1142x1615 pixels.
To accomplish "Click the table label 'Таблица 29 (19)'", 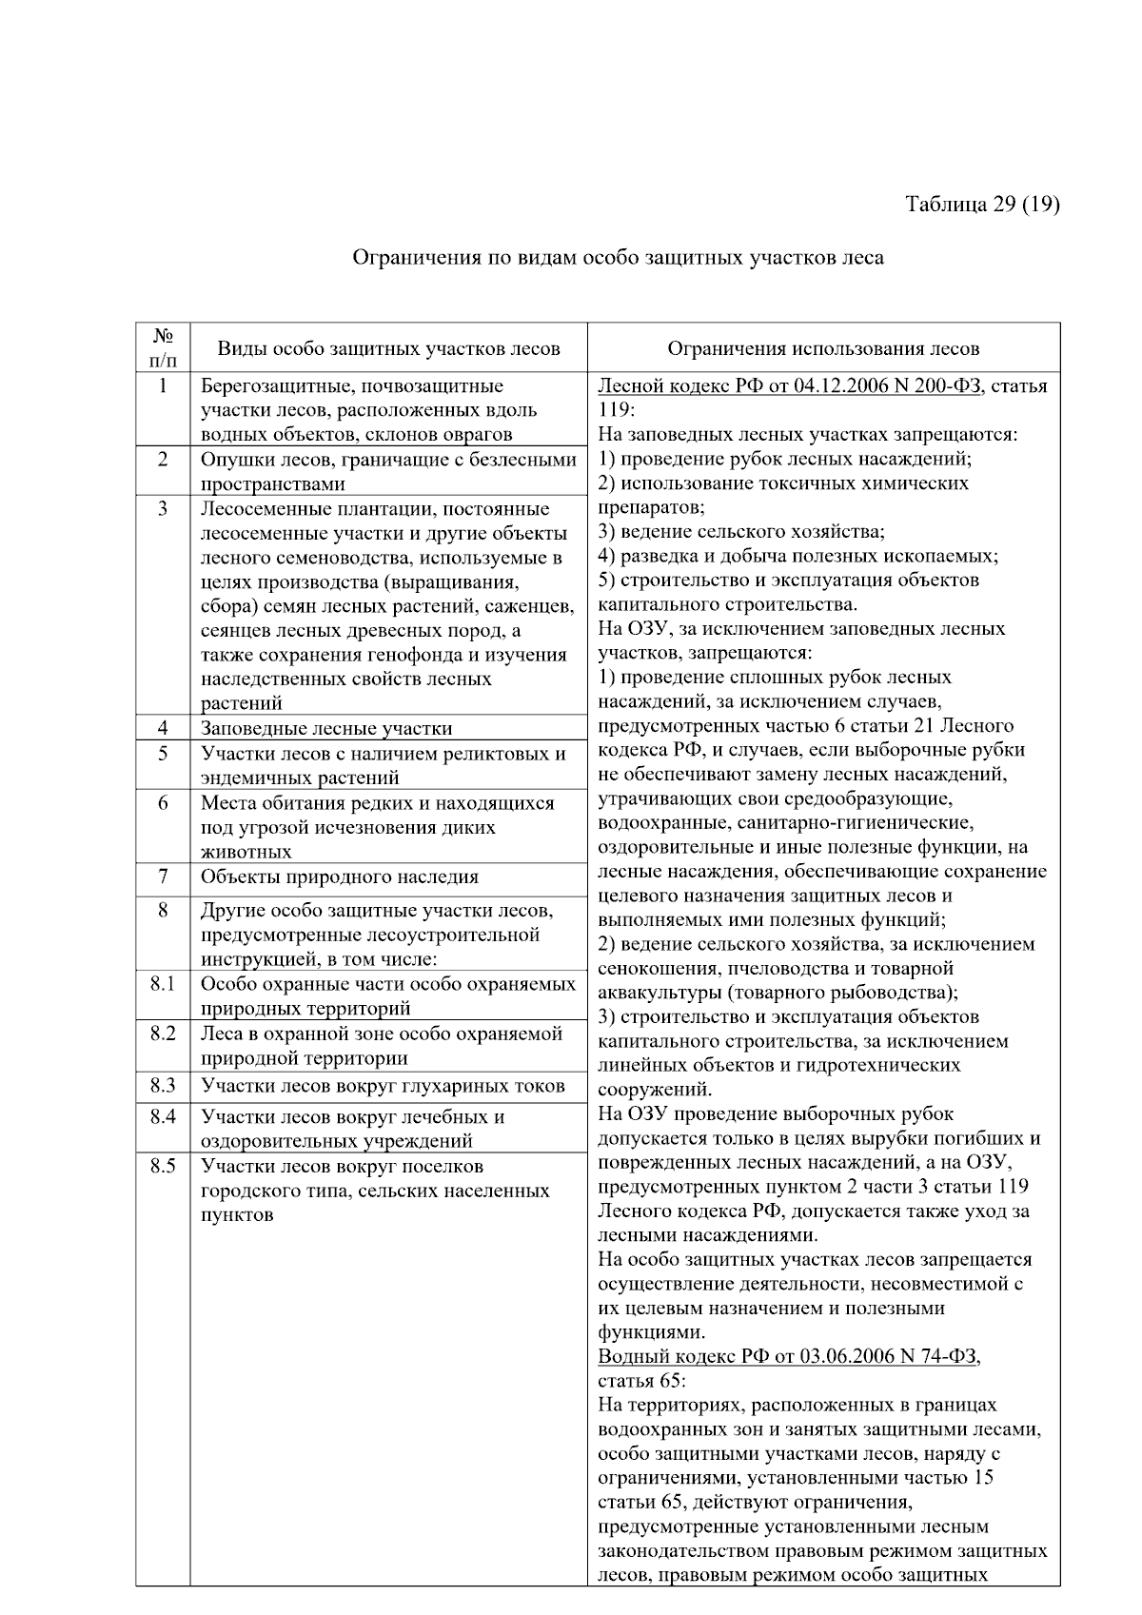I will pyautogui.click(x=982, y=205).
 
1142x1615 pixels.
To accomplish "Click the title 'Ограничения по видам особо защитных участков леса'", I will pyautogui.click(x=618, y=258).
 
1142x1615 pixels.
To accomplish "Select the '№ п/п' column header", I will pyautogui.click(x=163, y=348).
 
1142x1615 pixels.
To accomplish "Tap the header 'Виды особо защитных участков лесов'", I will pyautogui.click(x=388, y=349).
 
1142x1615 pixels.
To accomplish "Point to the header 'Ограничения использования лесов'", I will pyautogui.click(x=823, y=349).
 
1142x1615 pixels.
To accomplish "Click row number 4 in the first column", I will pyautogui.click(x=163, y=728).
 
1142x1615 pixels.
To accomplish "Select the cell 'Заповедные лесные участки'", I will pyautogui.click(x=326, y=729).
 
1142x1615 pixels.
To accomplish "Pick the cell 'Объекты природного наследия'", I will pyautogui.click(x=340, y=876).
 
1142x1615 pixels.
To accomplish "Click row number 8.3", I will pyautogui.click(x=163, y=1086).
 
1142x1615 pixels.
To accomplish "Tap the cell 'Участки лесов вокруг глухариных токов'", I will pyautogui.click(x=383, y=1087).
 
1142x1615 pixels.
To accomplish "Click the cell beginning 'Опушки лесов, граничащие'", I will pyautogui.click(x=388, y=472).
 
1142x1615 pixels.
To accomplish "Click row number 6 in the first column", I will pyautogui.click(x=163, y=803).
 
